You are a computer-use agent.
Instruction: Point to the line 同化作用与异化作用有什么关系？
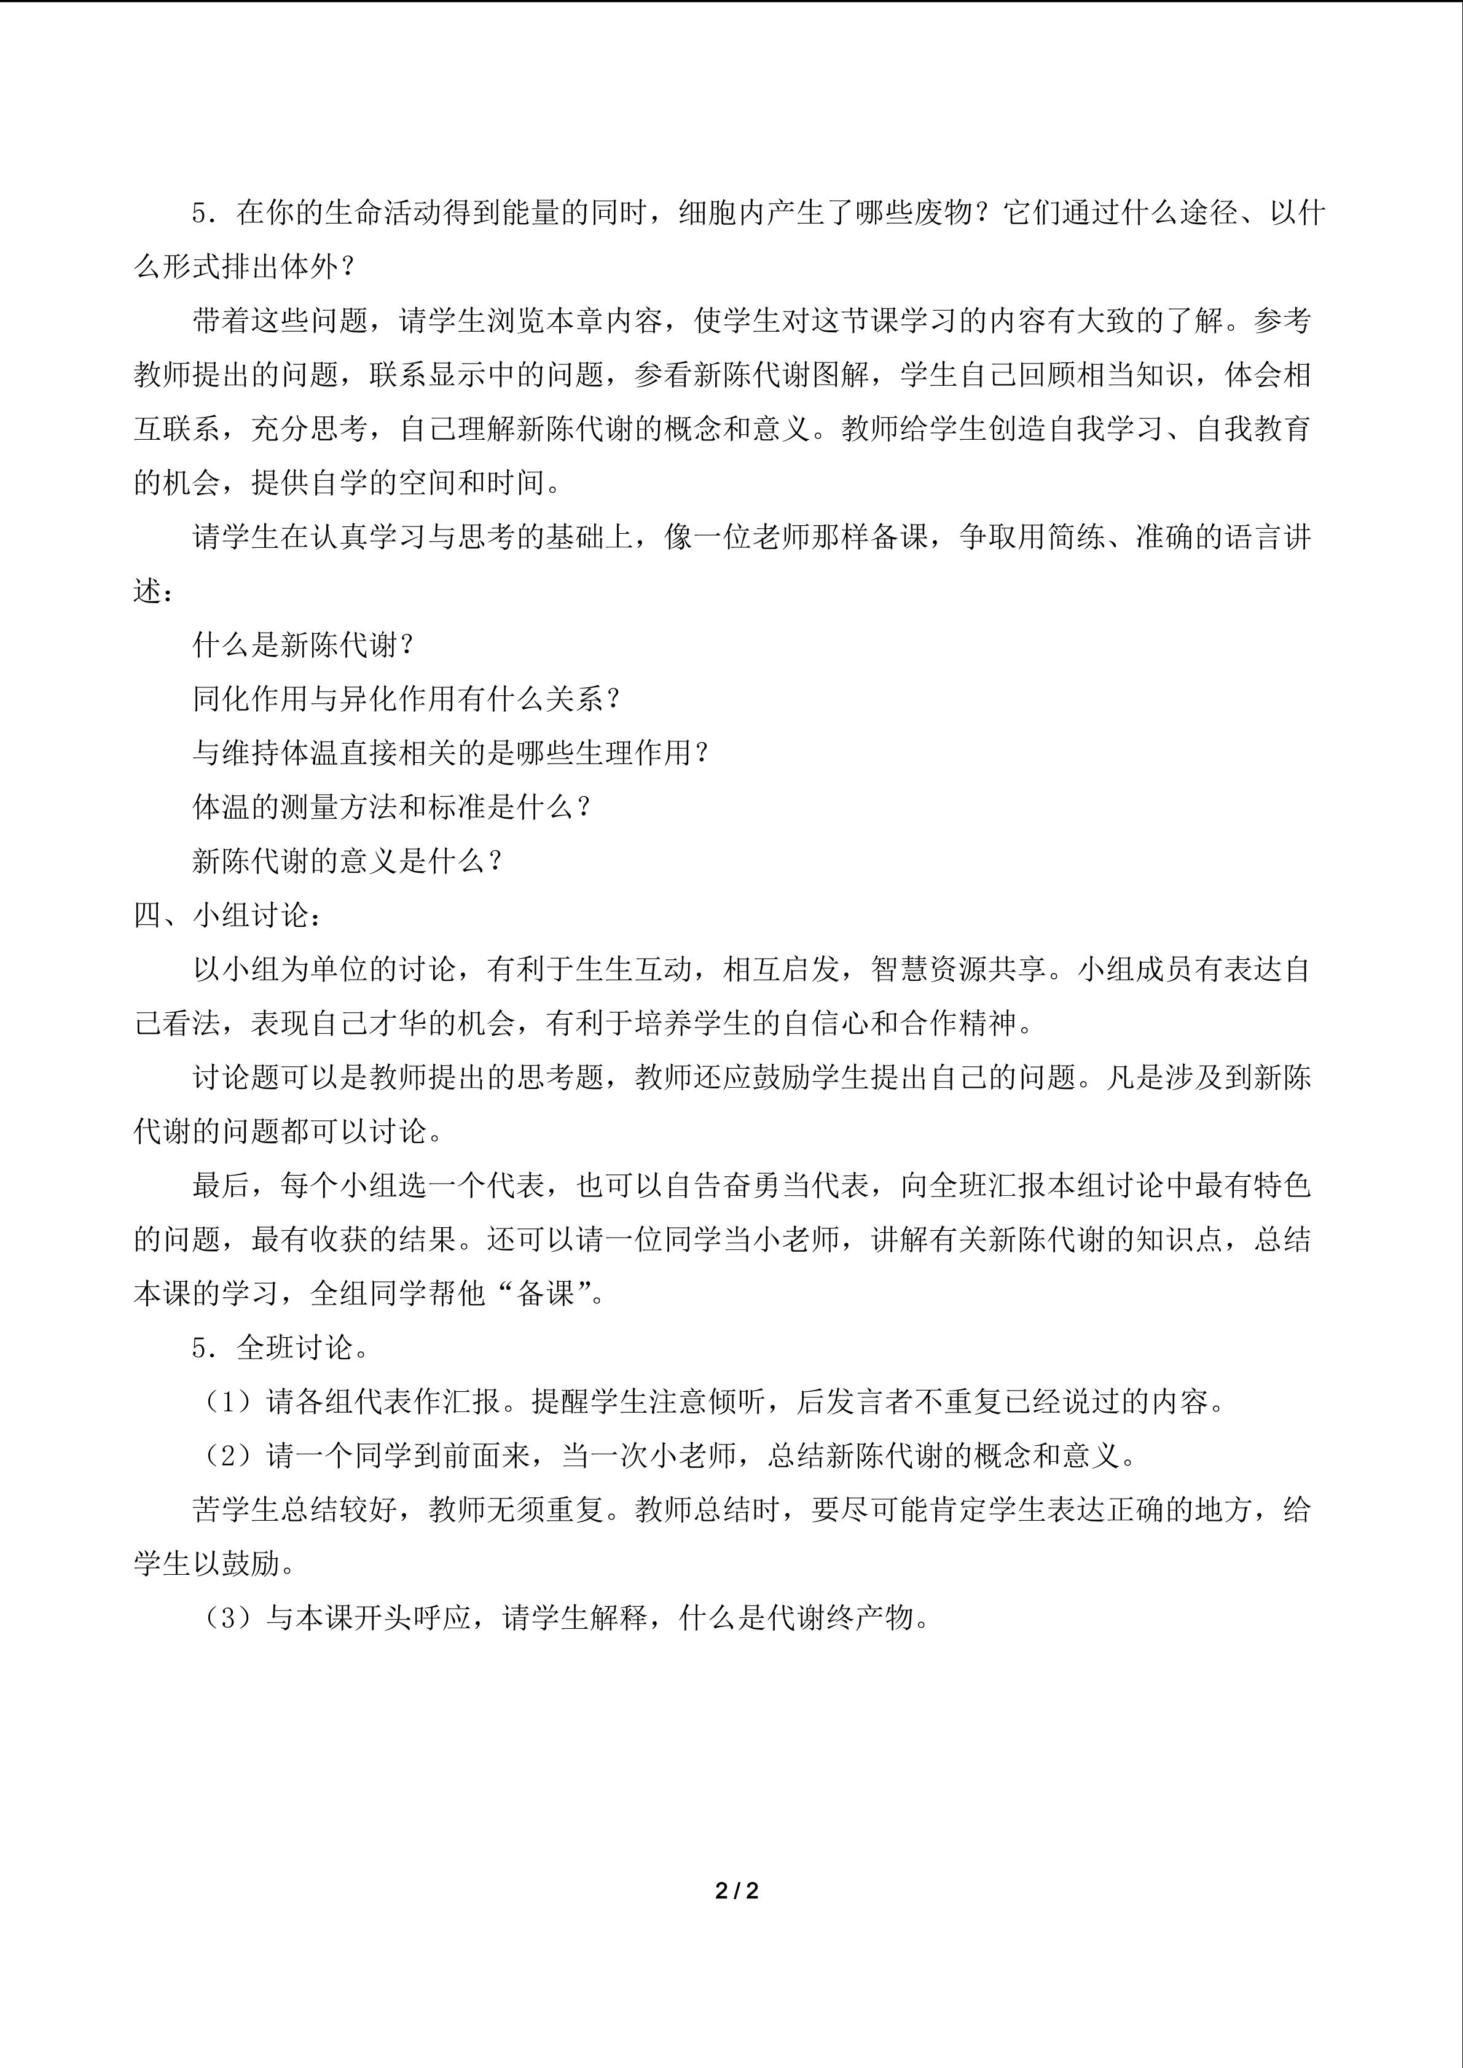[408, 699]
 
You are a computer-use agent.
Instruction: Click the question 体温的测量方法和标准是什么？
[393, 807]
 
